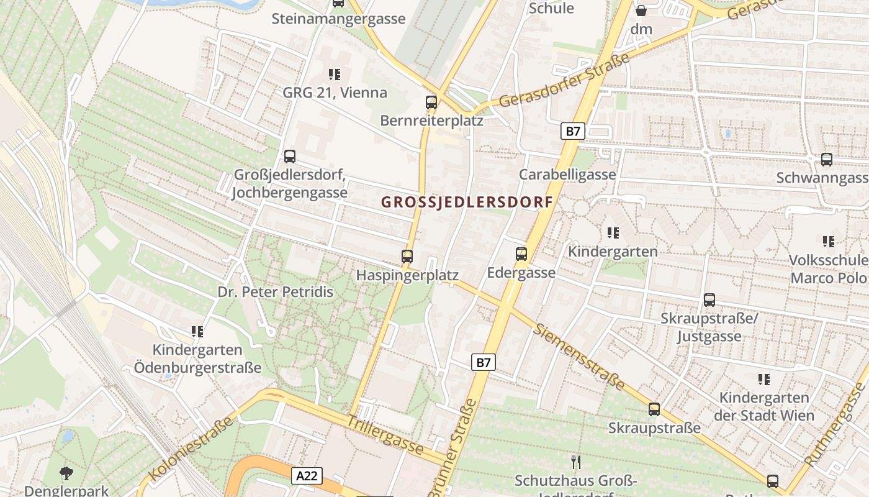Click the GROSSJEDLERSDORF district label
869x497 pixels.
(467, 203)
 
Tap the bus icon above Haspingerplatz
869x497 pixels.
(407, 256)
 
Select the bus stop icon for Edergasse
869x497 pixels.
(521, 253)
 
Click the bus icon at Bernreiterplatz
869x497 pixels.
(431, 103)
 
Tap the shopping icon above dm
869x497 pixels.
(641, 11)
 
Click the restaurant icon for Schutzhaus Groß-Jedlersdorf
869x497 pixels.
(576, 462)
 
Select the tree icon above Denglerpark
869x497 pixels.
(66, 473)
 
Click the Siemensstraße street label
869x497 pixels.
(580, 357)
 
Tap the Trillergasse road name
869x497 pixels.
(385, 434)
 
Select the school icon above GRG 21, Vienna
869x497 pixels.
(335, 75)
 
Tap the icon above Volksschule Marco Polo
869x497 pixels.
(828, 241)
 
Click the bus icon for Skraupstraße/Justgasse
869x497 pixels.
(709, 300)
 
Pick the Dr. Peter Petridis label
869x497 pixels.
(275, 292)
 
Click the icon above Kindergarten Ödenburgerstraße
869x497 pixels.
(197, 332)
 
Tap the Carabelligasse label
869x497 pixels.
(567, 174)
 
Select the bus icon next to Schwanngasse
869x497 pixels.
(827, 159)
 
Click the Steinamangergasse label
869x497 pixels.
(338, 19)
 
